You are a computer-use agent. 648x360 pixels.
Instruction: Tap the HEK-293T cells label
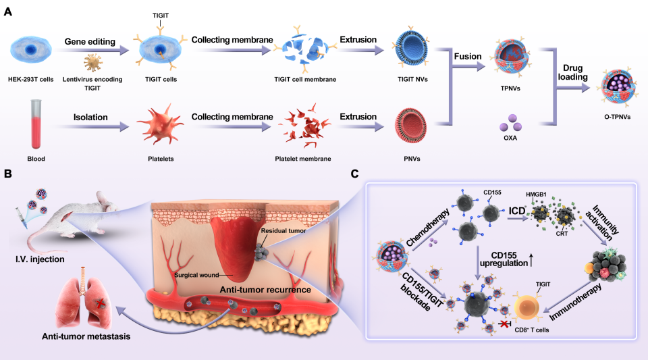[32, 80]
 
